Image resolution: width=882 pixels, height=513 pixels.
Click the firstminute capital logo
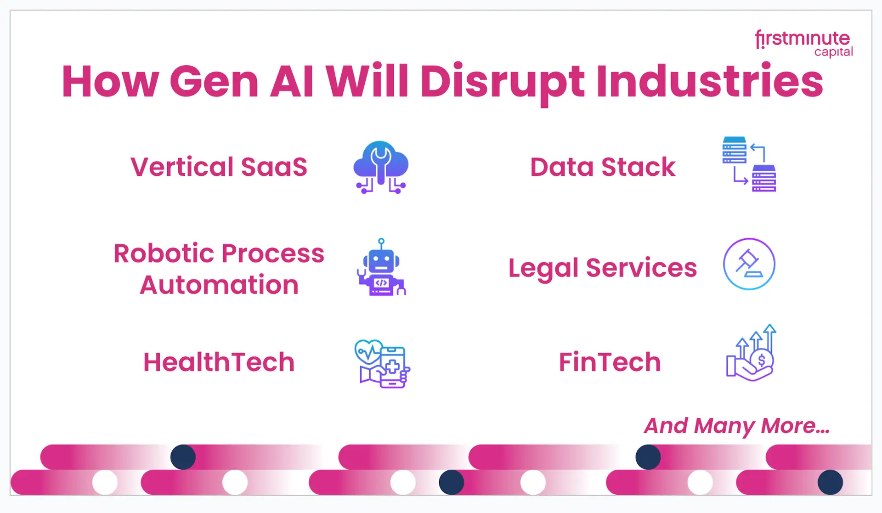(804, 44)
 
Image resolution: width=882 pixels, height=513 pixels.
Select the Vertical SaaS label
(219, 167)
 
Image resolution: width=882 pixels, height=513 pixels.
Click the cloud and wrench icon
(381, 167)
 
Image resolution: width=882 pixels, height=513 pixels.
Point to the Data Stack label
(603, 167)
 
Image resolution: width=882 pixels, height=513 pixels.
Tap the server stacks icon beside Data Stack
(749, 164)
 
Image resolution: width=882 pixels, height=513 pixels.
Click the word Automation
(219, 285)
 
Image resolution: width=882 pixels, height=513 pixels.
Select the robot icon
(381, 267)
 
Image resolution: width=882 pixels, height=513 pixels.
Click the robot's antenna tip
(381, 241)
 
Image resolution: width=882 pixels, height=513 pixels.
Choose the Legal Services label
(603, 268)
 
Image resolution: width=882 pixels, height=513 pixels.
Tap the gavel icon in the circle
(749, 264)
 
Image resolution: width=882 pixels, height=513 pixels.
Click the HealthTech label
(219, 362)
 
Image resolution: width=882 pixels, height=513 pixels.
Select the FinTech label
(610, 362)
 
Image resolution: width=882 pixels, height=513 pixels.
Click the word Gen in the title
(214, 82)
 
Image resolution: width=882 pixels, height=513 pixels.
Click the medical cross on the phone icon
(393, 366)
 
